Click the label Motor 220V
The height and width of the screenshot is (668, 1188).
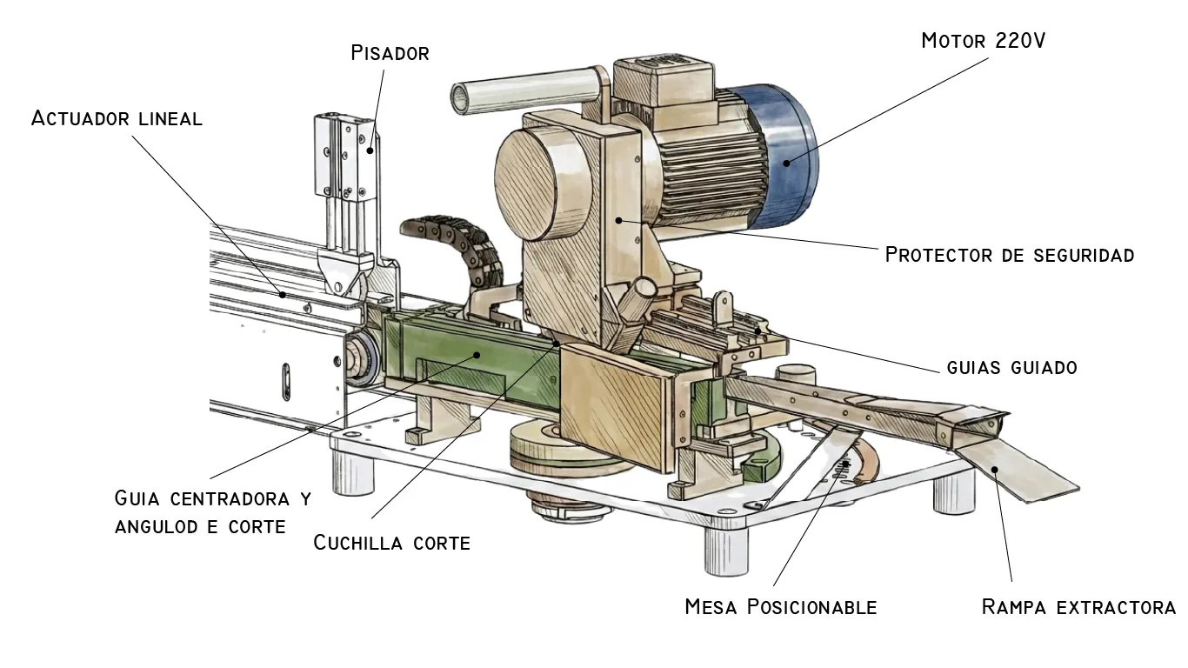click(x=983, y=41)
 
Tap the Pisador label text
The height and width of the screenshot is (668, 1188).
click(x=390, y=53)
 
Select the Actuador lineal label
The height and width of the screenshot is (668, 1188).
click(x=117, y=118)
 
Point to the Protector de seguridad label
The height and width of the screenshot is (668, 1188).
click(x=1009, y=255)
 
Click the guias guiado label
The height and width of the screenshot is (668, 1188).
click(x=1011, y=367)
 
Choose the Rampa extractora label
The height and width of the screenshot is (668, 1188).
click(x=1078, y=606)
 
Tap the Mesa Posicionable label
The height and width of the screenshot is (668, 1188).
click(x=780, y=606)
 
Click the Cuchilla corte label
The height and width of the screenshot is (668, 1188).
click(x=391, y=543)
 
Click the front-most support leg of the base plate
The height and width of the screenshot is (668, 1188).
click(x=725, y=548)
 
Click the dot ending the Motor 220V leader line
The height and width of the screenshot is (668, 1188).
click(x=786, y=162)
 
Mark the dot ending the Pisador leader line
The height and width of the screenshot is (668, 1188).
click(x=371, y=150)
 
